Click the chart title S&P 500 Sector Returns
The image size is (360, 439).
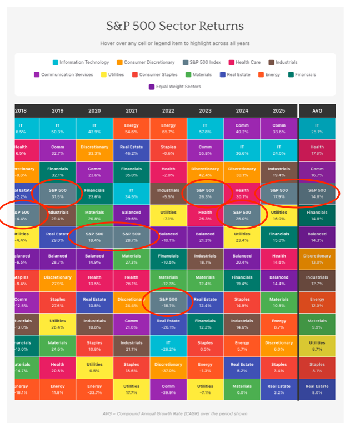[x=175, y=26]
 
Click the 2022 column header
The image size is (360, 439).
[x=168, y=110]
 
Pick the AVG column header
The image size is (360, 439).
[x=317, y=110]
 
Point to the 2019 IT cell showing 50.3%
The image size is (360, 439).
[x=57, y=129]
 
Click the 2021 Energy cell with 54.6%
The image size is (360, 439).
[x=132, y=129]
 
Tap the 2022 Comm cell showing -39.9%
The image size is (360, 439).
[x=168, y=389]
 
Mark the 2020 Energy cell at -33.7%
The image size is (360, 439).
[x=94, y=389]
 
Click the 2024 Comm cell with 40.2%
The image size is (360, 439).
[x=242, y=129]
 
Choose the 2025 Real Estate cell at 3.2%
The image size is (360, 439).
[x=279, y=389]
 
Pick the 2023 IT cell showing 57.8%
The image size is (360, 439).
[x=205, y=129]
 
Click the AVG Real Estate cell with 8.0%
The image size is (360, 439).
[x=317, y=389]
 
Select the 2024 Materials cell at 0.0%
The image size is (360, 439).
[x=242, y=389]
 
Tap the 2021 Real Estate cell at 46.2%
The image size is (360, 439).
[x=132, y=150]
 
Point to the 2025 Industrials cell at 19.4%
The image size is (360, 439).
[x=279, y=172]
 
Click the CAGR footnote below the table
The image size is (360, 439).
[x=175, y=414]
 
